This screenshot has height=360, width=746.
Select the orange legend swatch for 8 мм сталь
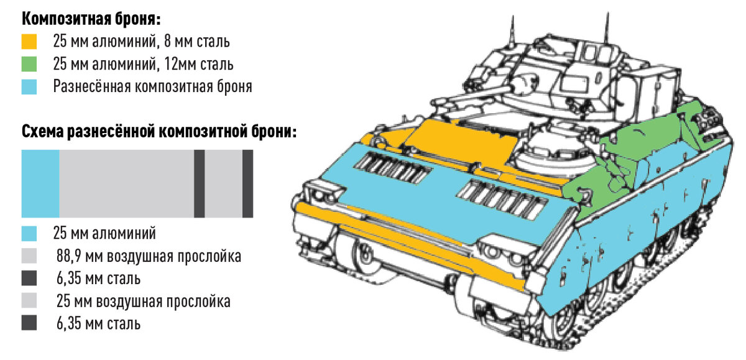pyautogui.click(x=29, y=42)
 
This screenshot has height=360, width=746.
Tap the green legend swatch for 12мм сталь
pyautogui.click(x=29, y=64)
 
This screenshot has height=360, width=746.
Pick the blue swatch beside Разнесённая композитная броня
pyautogui.click(x=29, y=86)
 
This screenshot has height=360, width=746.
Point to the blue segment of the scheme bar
pyautogui.click(x=40, y=184)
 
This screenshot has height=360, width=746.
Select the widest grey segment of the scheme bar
pyautogui.click(x=126, y=184)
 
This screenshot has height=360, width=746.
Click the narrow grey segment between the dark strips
pyautogui.click(x=223, y=184)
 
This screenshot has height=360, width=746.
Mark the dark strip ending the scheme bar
pyautogui.click(x=247, y=184)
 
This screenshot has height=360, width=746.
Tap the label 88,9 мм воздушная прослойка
pyautogui.click(x=148, y=256)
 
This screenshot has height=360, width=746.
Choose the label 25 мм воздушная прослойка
pyautogui.click(x=143, y=302)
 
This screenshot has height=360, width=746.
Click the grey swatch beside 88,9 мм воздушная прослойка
pyautogui.click(x=29, y=256)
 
